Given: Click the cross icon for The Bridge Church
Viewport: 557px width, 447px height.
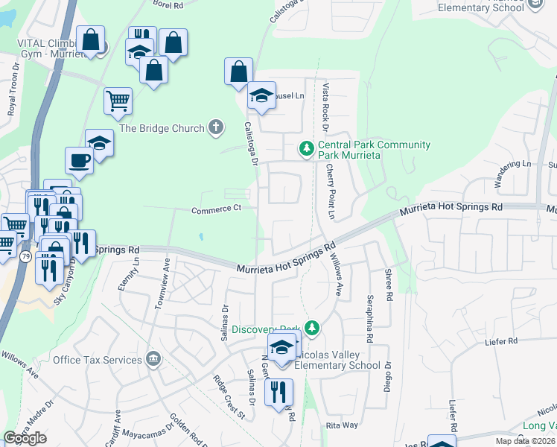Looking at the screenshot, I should (x=216, y=127).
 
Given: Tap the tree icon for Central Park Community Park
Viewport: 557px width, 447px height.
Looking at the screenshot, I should (x=306, y=149).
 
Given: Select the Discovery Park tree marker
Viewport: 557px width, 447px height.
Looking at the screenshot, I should (x=313, y=328).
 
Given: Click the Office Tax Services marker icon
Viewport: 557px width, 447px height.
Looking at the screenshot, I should (x=153, y=360).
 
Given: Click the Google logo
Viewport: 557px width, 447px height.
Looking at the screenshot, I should (x=25, y=438).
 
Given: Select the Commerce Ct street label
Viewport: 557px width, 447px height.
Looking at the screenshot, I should (x=216, y=209).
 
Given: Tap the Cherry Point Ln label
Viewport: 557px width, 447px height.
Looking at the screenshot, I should (x=330, y=192).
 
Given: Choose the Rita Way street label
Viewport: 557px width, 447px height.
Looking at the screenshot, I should (x=342, y=425).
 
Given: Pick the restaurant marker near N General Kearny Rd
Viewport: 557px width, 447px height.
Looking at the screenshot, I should (x=278, y=392).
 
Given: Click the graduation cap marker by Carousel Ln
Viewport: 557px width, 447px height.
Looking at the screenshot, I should (x=261, y=95).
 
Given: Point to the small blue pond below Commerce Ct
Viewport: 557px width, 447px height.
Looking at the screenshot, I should (x=201, y=238).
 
